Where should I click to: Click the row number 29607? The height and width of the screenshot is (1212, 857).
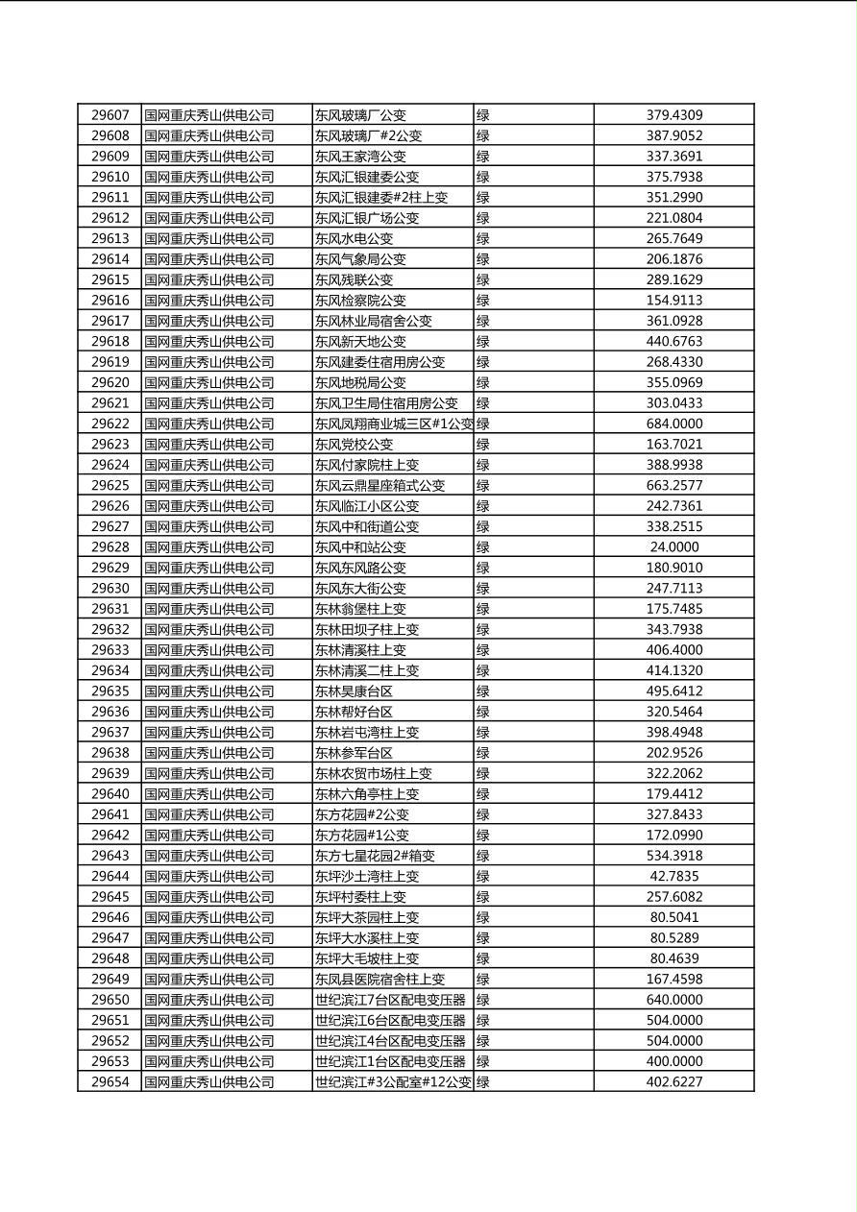pyautogui.click(x=110, y=115)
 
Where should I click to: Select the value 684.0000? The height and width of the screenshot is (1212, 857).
pyautogui.click(x=673, y=424)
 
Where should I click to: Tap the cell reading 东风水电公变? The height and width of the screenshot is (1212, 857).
pyautogui.click(x=354, y=238)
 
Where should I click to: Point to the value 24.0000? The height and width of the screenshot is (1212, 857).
pyautogui.click(x=673, y=547)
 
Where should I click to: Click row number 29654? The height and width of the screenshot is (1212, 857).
pyautogui.click(x=110, y=1082)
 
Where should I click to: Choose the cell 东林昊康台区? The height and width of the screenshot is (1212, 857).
pyautogui.click(x=354, y=691)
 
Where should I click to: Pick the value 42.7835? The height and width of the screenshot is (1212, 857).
pyautogui.click(x=673, y=876)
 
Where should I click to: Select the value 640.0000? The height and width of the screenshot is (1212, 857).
pyautogui.click(x=673, y=1000)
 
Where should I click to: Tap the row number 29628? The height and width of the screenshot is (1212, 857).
pyautogui.click(x=110, y=547)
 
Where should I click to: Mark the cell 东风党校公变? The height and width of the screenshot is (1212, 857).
pyautogui.click(x=354, y=445)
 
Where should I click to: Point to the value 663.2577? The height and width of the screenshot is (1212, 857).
pyautogui.click(x=673, y=486)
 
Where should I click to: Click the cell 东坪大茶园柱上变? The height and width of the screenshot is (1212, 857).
pyautogui.click(x=367, y=917)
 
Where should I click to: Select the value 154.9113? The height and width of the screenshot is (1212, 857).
pyautogui.click(x=673, y=301)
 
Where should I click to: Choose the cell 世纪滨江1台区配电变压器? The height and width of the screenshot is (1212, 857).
pyautogui.click(x=390, y=1061)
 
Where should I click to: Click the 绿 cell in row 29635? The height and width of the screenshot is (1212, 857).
pyautogui.click(x=483, y=691)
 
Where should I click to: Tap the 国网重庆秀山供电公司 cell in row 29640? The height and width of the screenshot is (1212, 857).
pyautogui.click(x=209, y=794)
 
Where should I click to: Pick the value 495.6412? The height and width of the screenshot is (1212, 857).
pyautogui.click(x=673, y=691)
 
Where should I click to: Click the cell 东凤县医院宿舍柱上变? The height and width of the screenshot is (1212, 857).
pyautogui.click(x=380, y=980)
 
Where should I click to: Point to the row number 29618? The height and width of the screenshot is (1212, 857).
pyautogui.click(x=110, y=342)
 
